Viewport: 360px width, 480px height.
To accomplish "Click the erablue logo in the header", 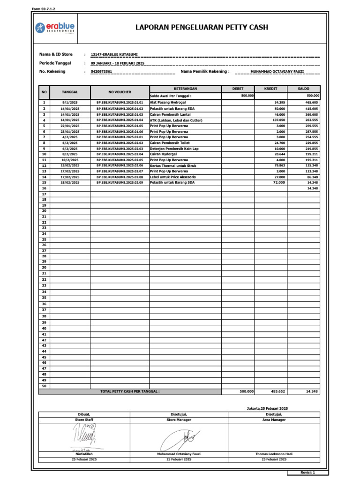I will [55, 28].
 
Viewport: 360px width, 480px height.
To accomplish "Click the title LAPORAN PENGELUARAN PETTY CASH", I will [202, 27].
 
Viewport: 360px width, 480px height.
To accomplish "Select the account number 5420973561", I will [101, 71].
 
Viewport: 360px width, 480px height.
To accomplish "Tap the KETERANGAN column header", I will [185, 89].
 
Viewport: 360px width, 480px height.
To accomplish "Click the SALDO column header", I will [303, 89].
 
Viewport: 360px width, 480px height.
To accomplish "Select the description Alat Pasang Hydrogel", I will [168, 102].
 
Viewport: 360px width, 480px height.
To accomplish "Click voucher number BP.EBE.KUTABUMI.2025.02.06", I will [120, 165].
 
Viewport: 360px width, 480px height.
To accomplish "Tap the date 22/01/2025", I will [70, 126].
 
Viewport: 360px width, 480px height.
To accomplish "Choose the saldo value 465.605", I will [311, 102].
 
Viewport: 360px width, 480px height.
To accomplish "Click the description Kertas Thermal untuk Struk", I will [173, 165].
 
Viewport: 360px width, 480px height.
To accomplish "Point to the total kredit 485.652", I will [277, 391].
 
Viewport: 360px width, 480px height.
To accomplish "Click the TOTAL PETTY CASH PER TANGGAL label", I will [130, 391].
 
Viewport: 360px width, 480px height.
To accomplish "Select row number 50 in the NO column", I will [44, 386].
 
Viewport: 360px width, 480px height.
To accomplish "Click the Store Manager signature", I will [179, 440].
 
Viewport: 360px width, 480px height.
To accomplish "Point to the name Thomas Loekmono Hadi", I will [274, 454].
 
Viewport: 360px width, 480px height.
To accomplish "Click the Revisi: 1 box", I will [307, 473].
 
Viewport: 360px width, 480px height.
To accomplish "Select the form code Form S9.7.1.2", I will [43, 9].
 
